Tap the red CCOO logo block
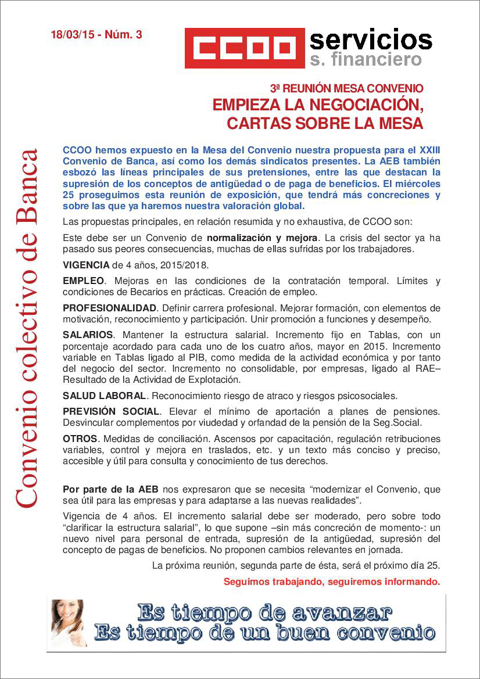pyautogui.click(x=245, y=48)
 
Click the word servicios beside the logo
pyautogui.click(x=371, y=39)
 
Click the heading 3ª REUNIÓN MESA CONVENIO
pyautogui.click(x=346, y=89)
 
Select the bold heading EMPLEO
pyautogui.click(x=83, y=281)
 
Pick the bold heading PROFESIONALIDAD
pyautogui.click(x=109, y=308)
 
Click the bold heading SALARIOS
pyautogui.click(x=88, y=335)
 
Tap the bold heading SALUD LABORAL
pyautogui.click(x=104, y=396)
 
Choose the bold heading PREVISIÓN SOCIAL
pyautogui.click(x=110, y=411)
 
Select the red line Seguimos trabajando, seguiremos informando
pyautogui.click(x=331, y=581)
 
